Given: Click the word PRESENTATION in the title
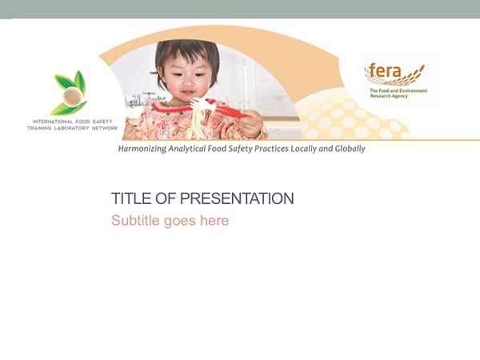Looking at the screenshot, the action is (x=237, y=198).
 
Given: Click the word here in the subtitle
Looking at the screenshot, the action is (x=214, y=221).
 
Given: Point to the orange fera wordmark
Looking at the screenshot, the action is (x=385, y=71).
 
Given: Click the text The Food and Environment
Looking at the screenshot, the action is (x=398, y=90).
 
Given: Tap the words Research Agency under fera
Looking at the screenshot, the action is (x=389, y=96).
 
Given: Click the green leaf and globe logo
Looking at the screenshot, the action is (x=70, y=93).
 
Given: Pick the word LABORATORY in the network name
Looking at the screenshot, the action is (x=71, y=128).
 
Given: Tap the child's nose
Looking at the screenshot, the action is (x=187, y=82).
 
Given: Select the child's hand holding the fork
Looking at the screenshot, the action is (x=250, y=123).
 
